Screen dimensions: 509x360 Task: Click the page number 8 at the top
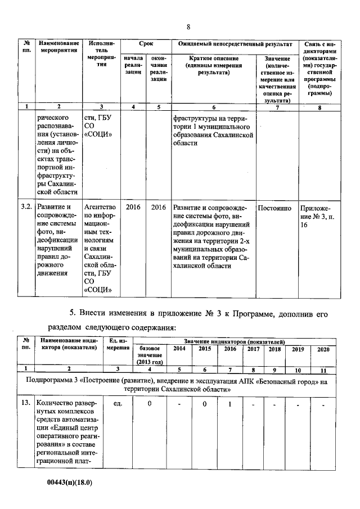point(188,27)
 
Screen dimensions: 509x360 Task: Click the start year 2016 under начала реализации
point(133,207)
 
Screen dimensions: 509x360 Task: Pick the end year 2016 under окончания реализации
point(159,207)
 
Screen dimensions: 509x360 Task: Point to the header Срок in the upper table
point(146,43)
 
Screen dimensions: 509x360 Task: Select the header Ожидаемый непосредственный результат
point(234,43)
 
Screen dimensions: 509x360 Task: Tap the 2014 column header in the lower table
point(179,350)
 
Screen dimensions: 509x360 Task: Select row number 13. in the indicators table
point(26,403)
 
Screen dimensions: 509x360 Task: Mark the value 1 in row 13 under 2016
point(229,403)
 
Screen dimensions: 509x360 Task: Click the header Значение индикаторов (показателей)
point(233,341)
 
